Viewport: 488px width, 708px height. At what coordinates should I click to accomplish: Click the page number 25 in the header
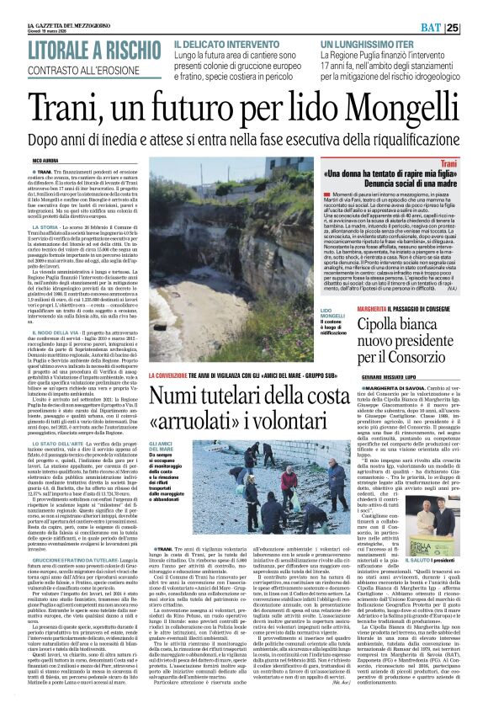475,28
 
